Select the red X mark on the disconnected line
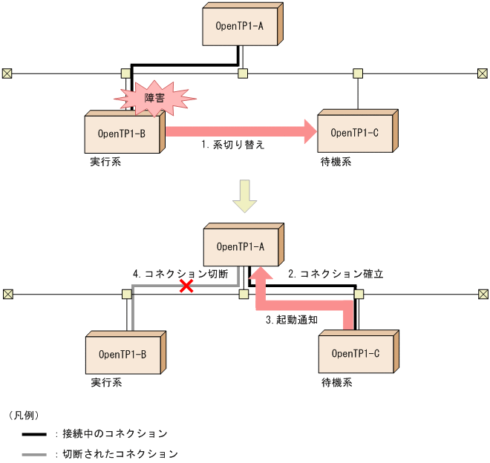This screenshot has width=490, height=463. coord(187,286)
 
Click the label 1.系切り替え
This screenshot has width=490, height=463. coord(232,145)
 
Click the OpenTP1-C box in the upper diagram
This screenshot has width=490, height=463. coord(355,134)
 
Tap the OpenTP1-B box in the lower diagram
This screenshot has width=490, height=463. coord(122,354)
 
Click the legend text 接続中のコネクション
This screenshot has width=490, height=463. coord(115,433)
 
